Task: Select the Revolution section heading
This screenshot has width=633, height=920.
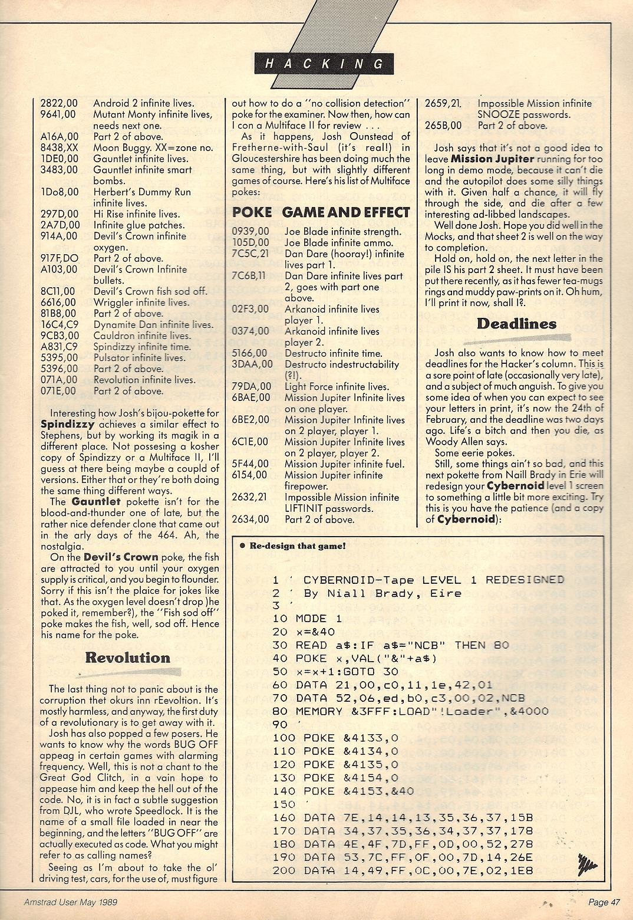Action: pos(127,658)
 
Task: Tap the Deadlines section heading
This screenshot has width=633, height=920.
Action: pos(516,324)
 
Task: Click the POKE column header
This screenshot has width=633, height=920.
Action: pos(252,212)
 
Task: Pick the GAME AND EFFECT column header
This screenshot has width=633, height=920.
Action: pos(345,212)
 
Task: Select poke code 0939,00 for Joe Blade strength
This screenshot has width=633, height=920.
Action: pos(250,232)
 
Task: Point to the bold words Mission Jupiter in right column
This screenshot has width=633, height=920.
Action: pos(493,159)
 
